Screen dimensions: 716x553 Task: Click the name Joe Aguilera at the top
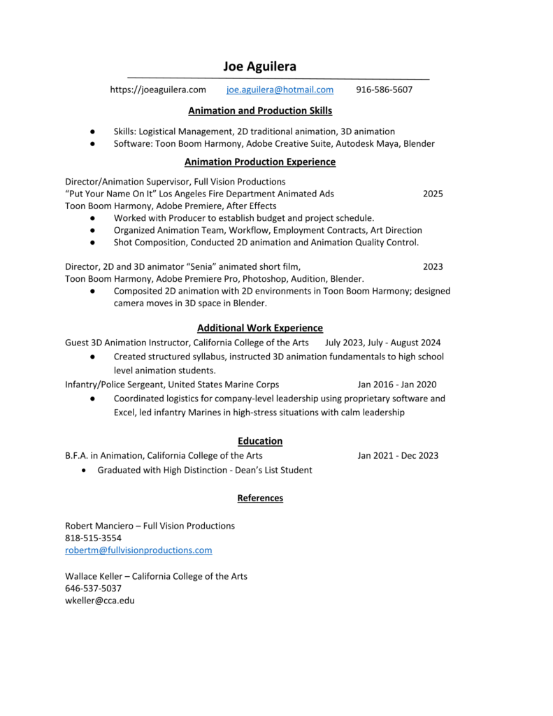pos(260,67)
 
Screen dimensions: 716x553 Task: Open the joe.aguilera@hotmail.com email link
pos(280,89)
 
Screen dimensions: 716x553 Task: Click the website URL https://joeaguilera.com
pos(158,89)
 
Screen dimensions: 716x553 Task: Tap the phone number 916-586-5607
pos(384,89)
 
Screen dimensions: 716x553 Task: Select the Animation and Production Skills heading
pos(260,110)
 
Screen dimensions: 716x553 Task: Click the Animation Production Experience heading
pos(260,162)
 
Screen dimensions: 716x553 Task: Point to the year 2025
pos(433,194)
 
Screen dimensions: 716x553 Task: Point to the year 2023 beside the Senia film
pos(433,266)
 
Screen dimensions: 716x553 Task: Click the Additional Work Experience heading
pos(260,327)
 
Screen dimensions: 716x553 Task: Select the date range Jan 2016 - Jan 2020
pos(396,385)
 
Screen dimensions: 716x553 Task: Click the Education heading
pos(260,441)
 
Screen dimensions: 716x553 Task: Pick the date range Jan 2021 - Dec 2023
pos(398,456)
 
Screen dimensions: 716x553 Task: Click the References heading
pos(260,498)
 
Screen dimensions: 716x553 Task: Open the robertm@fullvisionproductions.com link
pos(138,550)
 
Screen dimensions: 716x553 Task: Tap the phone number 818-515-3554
pos(93,538)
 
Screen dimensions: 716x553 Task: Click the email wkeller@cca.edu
pos(100,600)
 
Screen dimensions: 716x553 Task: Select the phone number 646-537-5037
pos(93,588)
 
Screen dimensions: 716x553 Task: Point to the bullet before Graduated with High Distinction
pos(84,470)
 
